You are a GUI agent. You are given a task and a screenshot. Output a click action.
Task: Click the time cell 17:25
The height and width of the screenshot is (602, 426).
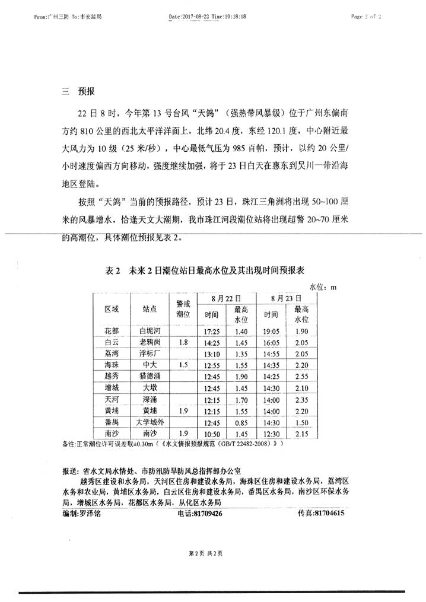point(212,330)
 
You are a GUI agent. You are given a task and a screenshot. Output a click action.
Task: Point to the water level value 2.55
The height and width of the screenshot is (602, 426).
point(302,376)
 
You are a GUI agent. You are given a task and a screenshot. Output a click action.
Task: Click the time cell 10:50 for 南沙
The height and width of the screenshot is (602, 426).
point(212,434)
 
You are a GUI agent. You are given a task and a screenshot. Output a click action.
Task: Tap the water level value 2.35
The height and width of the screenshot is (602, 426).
point(302,399)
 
